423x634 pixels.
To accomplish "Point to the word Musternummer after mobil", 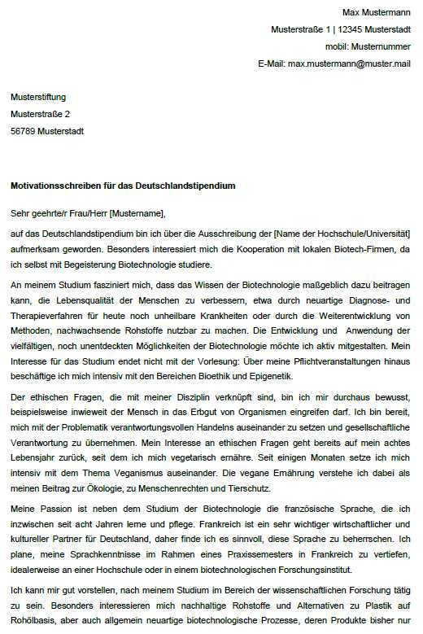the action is click(380, 46).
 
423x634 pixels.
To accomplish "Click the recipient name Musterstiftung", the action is click(38, 97).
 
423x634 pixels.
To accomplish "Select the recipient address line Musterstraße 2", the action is click(40, 114).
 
